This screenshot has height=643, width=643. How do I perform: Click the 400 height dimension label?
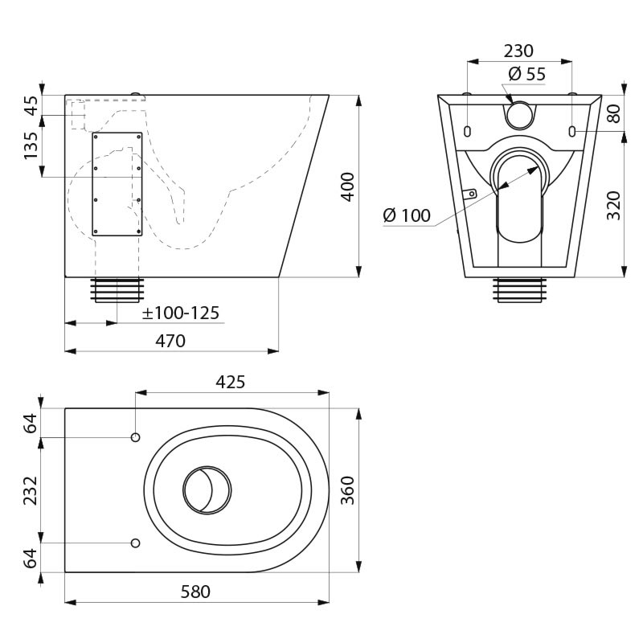pos(348,187)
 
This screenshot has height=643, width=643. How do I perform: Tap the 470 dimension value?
pos(170,341)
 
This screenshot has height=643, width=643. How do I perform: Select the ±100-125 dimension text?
pos(181,313)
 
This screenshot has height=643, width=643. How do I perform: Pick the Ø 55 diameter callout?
pos(527,74)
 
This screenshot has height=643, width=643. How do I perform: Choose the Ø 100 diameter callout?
pos(407,215)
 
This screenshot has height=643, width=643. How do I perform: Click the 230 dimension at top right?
pos(518,51)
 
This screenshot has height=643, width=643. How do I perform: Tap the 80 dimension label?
pos(614,113)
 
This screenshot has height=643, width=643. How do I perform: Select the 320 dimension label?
pos(614,206)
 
